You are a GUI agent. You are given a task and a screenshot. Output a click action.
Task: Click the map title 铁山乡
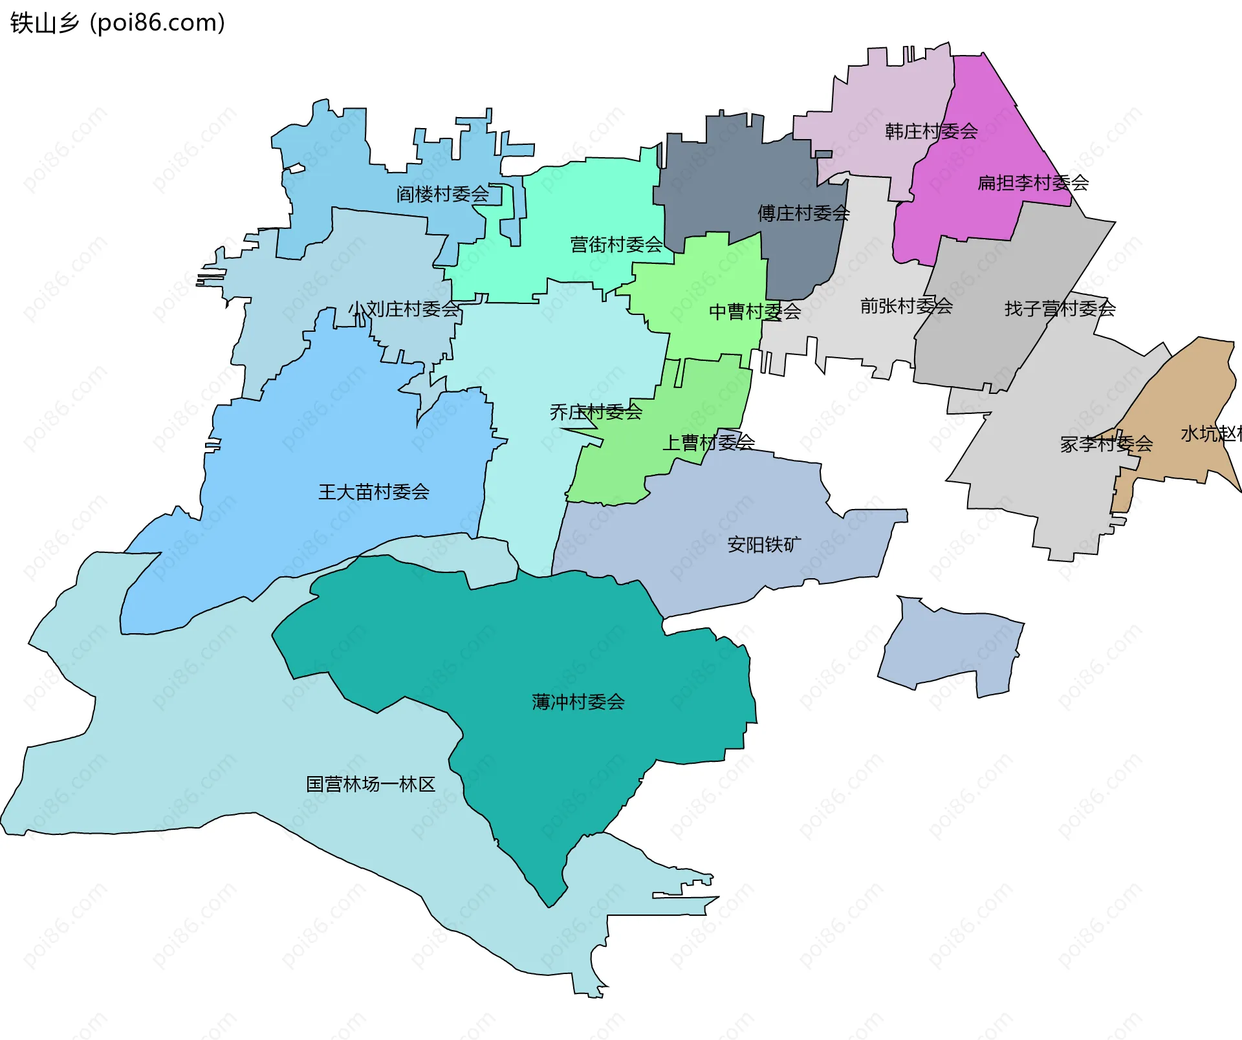point(44,23)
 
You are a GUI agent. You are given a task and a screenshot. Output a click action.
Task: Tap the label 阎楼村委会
point(442,194)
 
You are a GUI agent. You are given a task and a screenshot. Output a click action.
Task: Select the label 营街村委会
point(616,244)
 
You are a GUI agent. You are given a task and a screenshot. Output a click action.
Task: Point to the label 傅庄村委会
point(803,213)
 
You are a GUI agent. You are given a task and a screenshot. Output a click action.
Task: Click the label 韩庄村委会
point(931,132)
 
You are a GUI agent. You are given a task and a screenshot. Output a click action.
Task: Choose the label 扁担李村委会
point(1032,183)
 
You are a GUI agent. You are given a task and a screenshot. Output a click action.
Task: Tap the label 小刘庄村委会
point(404,309)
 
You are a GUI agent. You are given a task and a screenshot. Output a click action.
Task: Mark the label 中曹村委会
point(754,312)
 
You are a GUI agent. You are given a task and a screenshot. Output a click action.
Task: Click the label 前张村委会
point(906,306)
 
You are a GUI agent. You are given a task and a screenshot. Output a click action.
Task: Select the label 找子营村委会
point(1060,309)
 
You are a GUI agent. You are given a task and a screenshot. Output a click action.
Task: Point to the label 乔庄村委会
point(595,412)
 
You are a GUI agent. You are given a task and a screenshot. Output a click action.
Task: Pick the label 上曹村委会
point(708,443)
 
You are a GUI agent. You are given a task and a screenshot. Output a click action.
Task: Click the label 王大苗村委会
point(373,492)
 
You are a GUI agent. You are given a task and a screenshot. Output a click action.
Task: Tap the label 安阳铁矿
point(764,545)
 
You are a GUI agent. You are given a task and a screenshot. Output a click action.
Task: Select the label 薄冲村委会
point(578,702)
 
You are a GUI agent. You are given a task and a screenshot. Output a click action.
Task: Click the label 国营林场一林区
point(370,785)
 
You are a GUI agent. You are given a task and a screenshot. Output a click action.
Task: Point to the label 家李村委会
point(1106,444)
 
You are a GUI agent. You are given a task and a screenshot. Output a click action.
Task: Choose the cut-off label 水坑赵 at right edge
point(1210,434)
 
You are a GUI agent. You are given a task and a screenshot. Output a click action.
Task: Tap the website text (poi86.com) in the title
point(157,23)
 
